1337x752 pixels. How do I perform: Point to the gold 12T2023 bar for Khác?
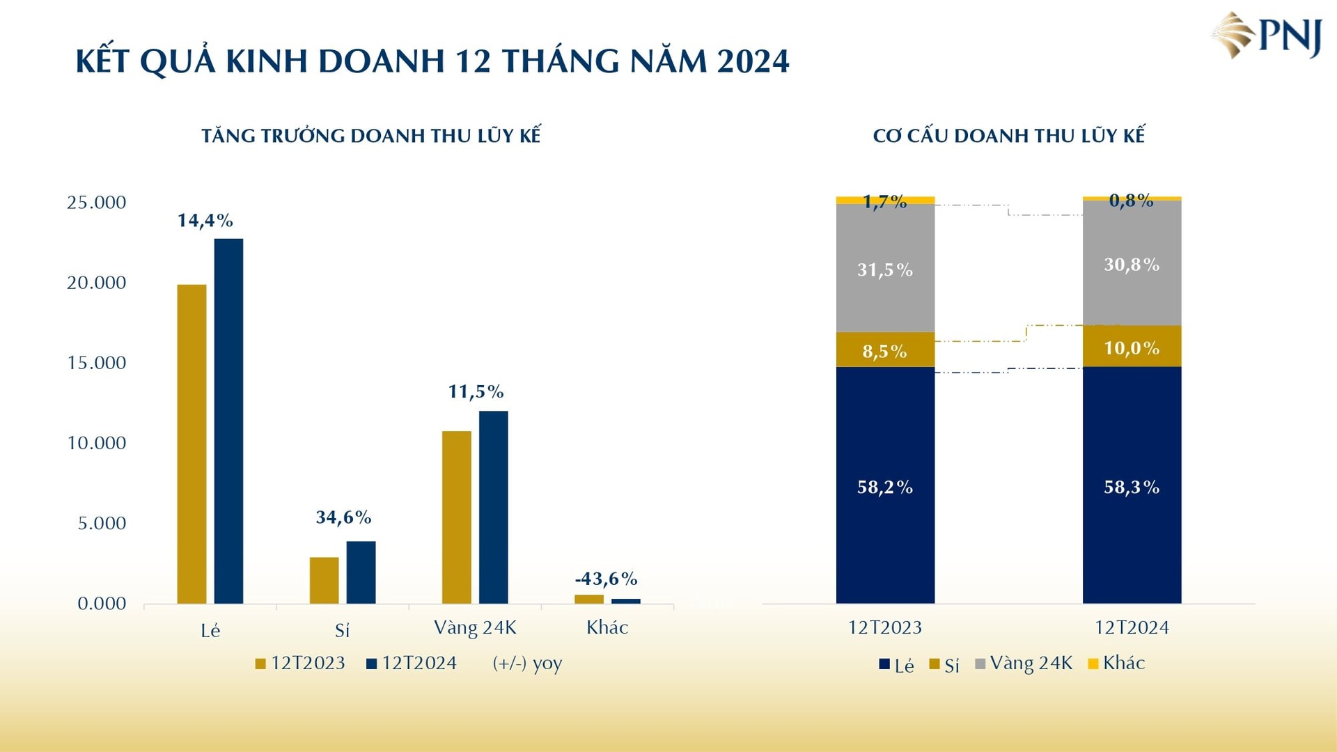pos(588,599)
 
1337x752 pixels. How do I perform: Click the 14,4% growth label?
pos(205,221)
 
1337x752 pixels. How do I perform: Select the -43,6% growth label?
pos(606,579)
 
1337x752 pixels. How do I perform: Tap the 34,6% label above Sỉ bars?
pos(343,517)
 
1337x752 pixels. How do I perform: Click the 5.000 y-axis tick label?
pos(102,524)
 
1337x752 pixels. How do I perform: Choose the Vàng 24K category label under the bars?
pos(475,627)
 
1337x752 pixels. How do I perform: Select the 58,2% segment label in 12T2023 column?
pos(884,487)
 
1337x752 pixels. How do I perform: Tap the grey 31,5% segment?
pos(884,279)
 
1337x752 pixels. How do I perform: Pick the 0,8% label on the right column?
pos(1131,201)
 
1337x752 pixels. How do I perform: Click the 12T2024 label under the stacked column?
pos(1132,627)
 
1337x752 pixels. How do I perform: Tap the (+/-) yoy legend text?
pos(527,663)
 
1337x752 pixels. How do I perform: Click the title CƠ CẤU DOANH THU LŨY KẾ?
pos(1008,136)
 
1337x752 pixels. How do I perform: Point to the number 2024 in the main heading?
pos(753,61)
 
